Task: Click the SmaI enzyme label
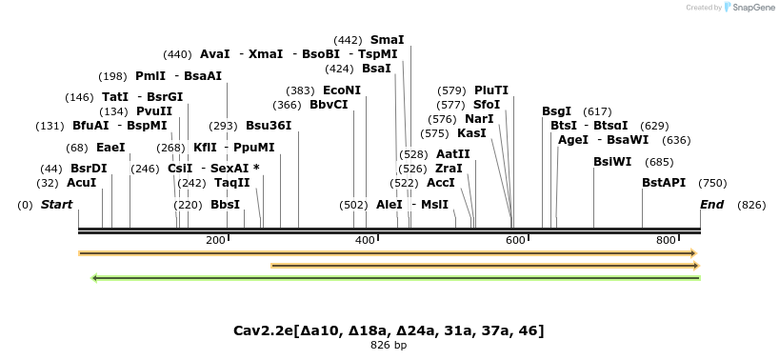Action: (x=387, y=40)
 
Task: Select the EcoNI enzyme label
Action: (x=342, y=90)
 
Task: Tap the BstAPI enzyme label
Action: (x=664, y=183)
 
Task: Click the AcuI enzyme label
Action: (x=81, y=183)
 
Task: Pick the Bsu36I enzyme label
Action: (x=269, y=126)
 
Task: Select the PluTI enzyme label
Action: (x=491, y=90)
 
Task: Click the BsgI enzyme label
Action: (x=557, y=111)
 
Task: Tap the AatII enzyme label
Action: (x=452, y=154)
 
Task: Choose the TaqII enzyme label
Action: (x=231, y=183)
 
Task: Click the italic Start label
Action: (x=56, y=205)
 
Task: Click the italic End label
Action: (x=711, y=205)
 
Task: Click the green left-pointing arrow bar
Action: (x=395, y=278)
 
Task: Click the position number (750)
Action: (x=712, y=183)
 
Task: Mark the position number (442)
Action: (x=349, y=40)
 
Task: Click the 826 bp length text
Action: (x=389, y=346)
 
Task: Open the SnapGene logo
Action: (x=750, y=8)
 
